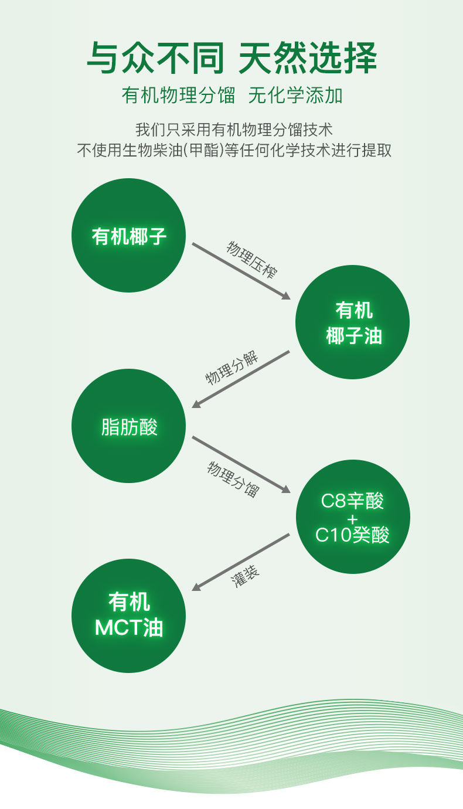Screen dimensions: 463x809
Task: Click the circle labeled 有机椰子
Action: [x=128, y=235]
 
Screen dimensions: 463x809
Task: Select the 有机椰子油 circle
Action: [x=352, y=322]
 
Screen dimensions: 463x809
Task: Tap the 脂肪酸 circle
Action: [x=128, y=426]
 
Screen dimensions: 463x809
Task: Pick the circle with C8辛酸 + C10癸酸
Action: [x=352, y=516]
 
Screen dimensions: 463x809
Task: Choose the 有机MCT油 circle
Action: [x=128, y=615]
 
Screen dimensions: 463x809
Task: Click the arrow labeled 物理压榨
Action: [x=241, y=271]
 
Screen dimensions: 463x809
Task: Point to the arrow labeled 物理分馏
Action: [x=241, y=464]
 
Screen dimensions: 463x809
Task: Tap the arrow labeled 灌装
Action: [x=241, y=562]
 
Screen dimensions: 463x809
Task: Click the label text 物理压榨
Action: [x=253, y=259]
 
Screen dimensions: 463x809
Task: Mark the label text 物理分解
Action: [x=232, y=369]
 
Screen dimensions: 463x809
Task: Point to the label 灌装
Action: [x=246, y=577]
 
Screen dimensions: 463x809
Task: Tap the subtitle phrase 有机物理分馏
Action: [x=179, y=96]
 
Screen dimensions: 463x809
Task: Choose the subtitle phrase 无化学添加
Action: [x=295, y=96]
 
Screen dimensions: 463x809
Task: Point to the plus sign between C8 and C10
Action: [x=352, y=519]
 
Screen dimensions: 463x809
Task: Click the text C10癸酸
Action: [x=352, y=535]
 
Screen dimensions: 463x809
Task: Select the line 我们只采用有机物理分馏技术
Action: [x=234, y=130]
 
